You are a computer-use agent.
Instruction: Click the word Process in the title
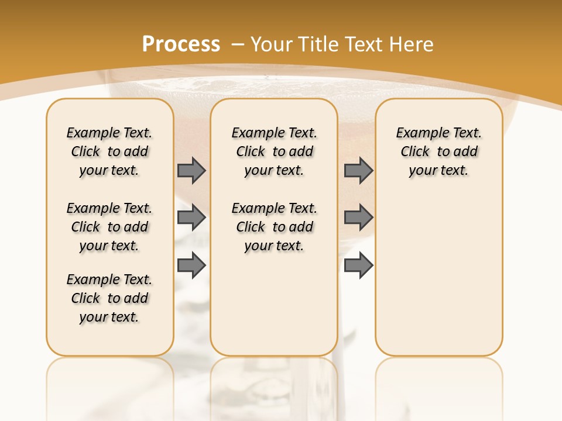click(x=181, y=44)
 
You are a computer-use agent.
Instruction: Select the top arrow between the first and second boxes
click(x=191, y=171)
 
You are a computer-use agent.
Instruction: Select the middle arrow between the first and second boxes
click(x=191, y=218)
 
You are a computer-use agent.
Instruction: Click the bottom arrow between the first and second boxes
click(x=191, y=265)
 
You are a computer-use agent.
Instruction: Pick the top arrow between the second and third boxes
click(x=358, y=171)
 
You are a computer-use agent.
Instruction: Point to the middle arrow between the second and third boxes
click(x=358, y=218)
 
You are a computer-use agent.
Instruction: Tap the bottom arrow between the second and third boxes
click(x=358, y=265)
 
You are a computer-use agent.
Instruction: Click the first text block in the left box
click(x=109, y=151)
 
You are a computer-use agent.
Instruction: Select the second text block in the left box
click(x=109, y=227)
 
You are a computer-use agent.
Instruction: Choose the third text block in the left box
click(x=109, y=298)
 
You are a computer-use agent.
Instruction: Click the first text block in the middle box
click(x=275, y=151)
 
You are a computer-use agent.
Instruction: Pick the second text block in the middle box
click(x=275, y=227)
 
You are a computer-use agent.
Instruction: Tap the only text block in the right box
click(x=439, y=151)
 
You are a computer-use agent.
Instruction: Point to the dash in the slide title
click(x=238, y=44)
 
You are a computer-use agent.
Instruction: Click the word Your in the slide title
click(x=272, y=44)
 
